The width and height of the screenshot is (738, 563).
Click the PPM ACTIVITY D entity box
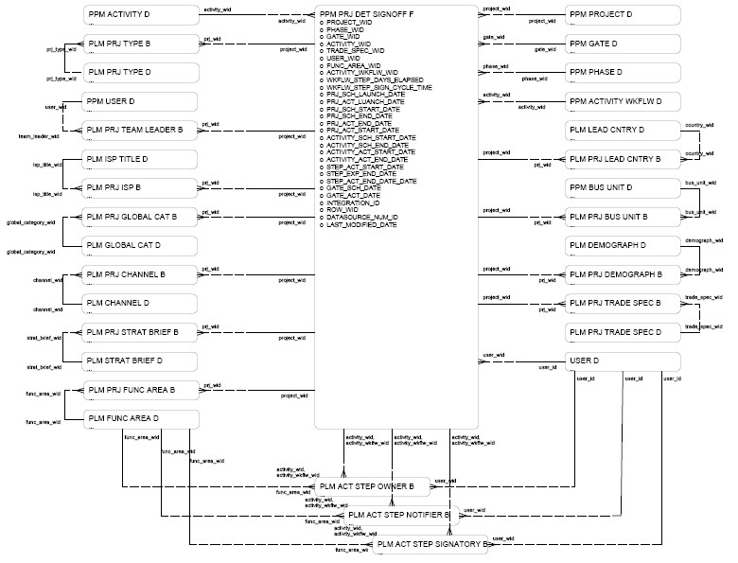click(x=139, y=15)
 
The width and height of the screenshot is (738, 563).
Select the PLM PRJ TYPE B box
click(x=139, y=44)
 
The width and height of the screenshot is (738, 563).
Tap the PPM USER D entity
click(x=139, y=99)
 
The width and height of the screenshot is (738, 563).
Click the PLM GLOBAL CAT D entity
click(x=139, y=245)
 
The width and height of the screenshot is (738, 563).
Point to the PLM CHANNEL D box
click(x=139, y=303)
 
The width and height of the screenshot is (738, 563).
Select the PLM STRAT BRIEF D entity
click(x=139, y=361)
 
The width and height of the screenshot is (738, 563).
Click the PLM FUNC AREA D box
click(x=139, y=417)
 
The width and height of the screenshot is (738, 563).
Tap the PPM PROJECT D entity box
click(x=623, y=15)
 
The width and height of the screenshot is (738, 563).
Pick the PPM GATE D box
click(x=623, y=44)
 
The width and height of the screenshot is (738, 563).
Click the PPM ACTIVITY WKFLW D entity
click(x=623, y=100)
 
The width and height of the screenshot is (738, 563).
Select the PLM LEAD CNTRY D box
click(x=623, y=129)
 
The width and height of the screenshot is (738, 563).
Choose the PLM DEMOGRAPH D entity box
click(x=623, y=245)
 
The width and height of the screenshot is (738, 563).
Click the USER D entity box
click(x=623, y=361)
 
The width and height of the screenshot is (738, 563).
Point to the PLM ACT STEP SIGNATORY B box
click(x=430, y=544)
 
